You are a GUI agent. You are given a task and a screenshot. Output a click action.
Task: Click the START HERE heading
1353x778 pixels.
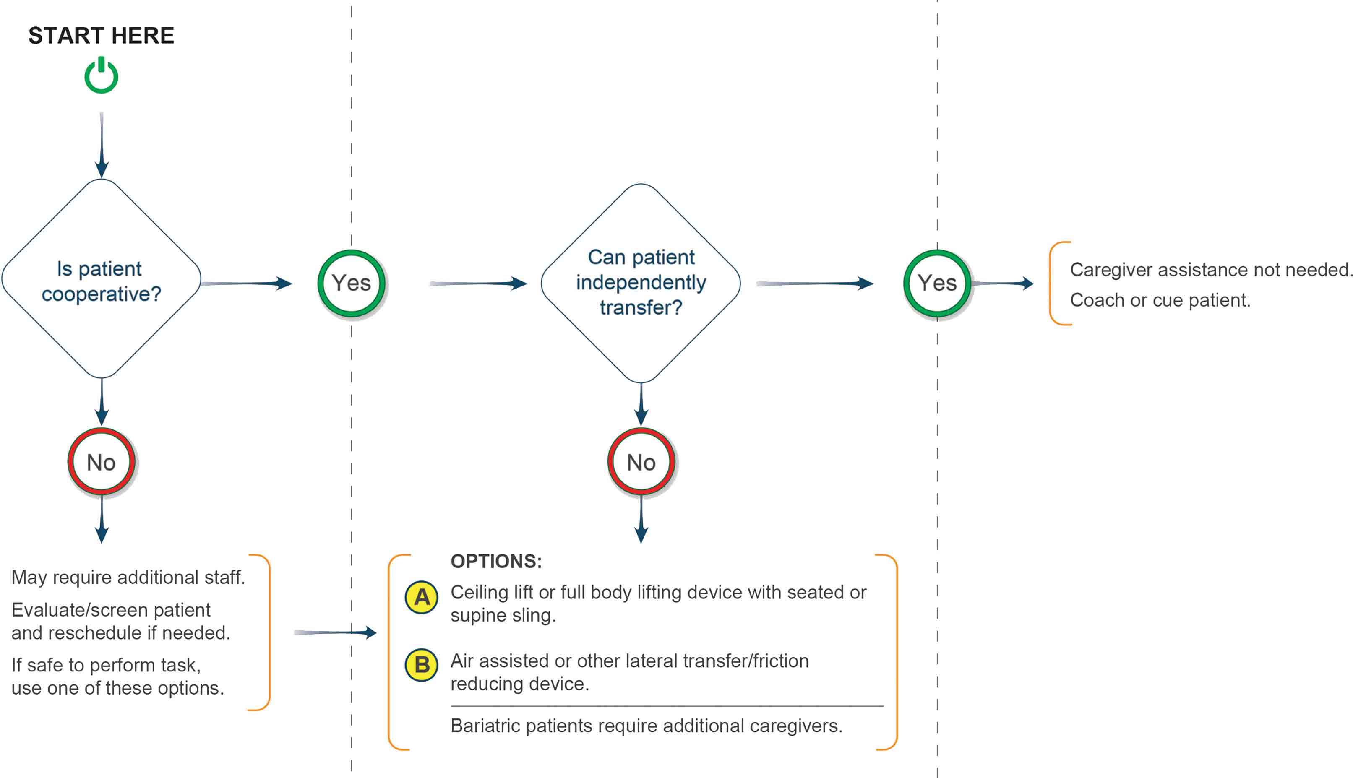point(102,36)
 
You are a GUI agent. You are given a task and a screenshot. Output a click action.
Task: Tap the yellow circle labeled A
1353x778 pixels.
point(422,597)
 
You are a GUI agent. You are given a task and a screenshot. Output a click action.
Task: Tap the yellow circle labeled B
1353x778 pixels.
point(422,665)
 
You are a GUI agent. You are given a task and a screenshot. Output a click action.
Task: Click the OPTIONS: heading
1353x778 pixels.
point(496,561)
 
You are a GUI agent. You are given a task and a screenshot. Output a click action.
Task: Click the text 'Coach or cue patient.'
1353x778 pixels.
point(1160,300)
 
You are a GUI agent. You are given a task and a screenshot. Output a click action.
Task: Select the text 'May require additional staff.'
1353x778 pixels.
point(128,577)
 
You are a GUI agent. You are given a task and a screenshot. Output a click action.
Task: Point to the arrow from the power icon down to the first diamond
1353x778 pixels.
point(102,145)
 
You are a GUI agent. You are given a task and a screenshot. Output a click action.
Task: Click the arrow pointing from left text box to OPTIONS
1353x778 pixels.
point(336,632)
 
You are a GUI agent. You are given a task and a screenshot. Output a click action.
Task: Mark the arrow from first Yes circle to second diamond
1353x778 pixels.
point(478,283)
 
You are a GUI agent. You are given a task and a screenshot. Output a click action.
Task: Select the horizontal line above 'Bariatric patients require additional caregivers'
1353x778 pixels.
point(667,706)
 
